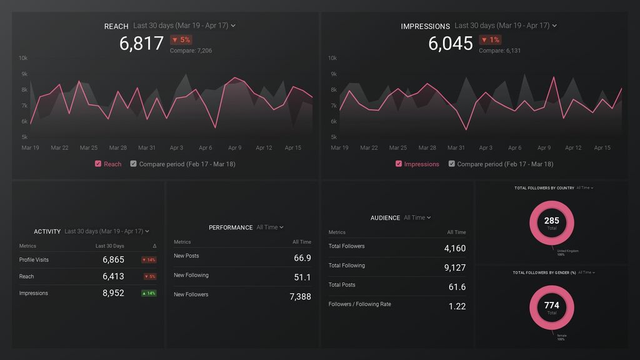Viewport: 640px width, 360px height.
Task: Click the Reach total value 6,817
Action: [141, 44]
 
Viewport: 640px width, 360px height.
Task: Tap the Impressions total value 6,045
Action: [450, 44]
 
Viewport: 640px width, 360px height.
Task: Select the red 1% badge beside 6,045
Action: [490, 40]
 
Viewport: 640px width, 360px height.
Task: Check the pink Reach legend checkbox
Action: [98, 164]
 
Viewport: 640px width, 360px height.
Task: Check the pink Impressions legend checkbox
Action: [399, 164]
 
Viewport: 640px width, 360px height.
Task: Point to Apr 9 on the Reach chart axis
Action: [234, 148]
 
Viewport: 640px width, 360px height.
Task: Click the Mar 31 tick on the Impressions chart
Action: [456, 148]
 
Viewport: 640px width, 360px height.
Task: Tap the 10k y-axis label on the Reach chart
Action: [23, 58]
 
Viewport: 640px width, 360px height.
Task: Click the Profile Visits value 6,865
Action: [113, 259]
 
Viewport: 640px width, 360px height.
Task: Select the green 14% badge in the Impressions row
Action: [149, 293]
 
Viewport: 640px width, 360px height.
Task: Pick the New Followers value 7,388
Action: [300, 297]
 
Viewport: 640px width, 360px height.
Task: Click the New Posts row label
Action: [186, 256]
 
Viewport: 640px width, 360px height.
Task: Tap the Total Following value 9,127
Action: [454, 267]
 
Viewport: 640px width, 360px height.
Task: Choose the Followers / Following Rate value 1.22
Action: [457, 306]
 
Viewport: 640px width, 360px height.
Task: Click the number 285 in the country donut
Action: [551, 221]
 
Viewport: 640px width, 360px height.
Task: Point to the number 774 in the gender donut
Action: [551, 306]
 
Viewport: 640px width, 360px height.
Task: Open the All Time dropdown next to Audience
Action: [417, 217]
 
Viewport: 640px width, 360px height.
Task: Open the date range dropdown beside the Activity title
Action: [107, 231]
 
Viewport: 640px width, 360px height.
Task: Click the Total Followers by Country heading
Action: [544, 187]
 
